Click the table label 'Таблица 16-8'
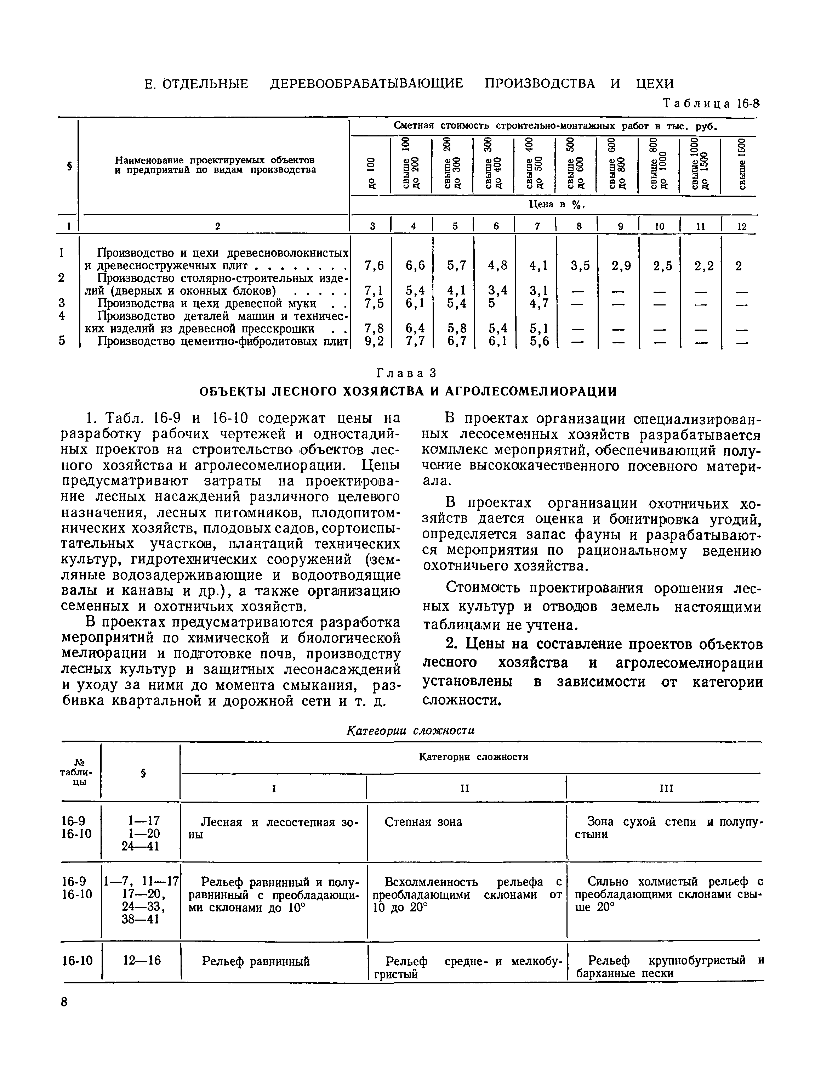710,104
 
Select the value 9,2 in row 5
374,341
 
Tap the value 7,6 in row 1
374,265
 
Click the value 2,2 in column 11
704,265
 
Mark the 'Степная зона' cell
423,822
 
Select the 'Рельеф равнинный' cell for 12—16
256,961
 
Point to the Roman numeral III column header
667,789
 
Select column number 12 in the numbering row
742,226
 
